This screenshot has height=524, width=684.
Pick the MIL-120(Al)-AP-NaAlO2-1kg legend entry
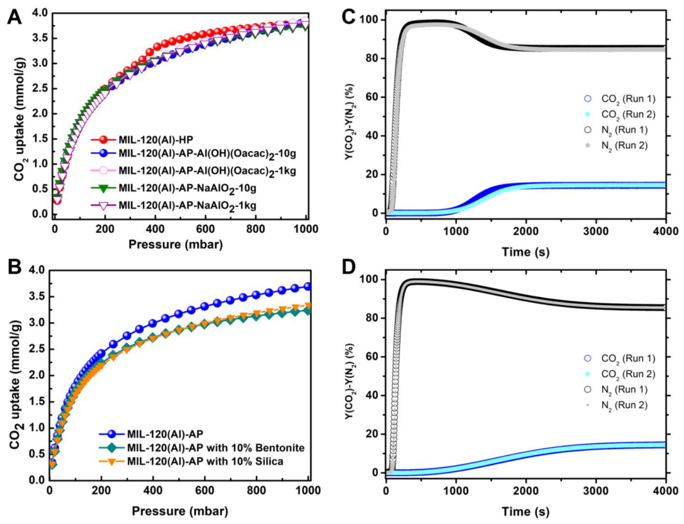pos(187,205)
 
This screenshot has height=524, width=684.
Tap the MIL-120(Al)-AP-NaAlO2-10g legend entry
pos(188,189)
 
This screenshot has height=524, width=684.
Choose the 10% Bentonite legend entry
pos(216,447)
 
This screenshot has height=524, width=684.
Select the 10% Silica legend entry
pos(205,461)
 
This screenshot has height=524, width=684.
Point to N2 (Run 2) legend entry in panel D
pos(624,405)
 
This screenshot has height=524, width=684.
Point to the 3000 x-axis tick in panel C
pos(596,231)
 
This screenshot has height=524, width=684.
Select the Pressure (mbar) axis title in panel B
pos(179,510)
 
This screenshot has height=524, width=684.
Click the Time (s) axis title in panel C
pos(525,251)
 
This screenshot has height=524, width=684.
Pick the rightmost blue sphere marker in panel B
pos(307,287)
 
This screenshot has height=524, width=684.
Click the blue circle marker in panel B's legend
pos(111,434)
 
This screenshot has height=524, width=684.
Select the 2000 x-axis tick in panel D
pos(526,491)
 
